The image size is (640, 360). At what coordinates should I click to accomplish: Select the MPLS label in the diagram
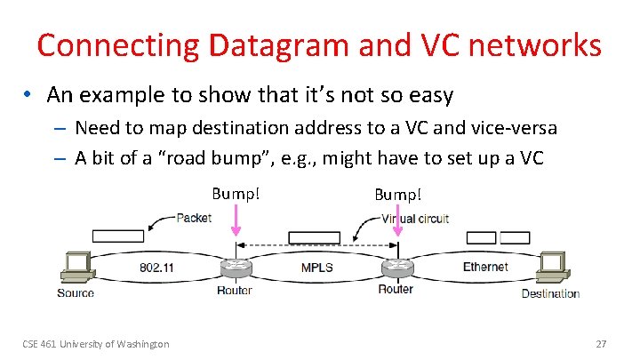tap(317, 267)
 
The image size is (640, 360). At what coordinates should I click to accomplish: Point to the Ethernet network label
tap(485, 266)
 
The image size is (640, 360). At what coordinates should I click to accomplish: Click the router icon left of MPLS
tap(235, 267)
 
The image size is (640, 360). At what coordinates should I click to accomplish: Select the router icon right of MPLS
tap(396, 267)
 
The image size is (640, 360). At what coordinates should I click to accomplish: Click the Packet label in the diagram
tap(193, 218)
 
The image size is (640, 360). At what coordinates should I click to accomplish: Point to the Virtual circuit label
tap(415, 218)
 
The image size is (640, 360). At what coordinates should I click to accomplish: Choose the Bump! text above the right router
tap(397, 194)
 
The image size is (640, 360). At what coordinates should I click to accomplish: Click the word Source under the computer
tap(76, 293)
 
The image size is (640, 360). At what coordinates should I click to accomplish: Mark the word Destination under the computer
tap(550, 293)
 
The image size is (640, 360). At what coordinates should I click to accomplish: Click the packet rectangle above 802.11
tap(117, 236)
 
